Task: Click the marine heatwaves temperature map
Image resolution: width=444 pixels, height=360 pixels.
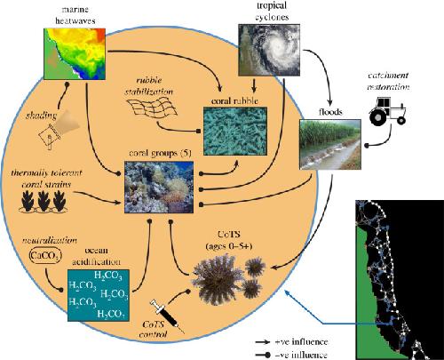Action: click(x=75, y=54)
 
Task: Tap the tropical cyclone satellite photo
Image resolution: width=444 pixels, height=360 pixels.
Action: click(x=269, y=50)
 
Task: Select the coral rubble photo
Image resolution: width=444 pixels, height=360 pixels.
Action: click(x=235, y=132)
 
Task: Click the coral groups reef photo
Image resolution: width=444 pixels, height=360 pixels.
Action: click(x=159, y=187)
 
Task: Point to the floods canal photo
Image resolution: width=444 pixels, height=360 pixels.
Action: click(x=330, y=144)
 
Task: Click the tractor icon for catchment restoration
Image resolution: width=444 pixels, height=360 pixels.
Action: click(x=387, y=111)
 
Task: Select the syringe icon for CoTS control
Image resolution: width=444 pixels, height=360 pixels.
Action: click(x=167, y=316)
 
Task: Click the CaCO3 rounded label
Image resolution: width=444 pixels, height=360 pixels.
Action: click(x=45, y=256)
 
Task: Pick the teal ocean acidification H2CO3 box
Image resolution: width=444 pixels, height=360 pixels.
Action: click(x=99, y=295)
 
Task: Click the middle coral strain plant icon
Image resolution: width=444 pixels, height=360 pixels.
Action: click(x=44, y=201)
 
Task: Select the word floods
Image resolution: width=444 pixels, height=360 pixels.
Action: click(x=330, y=112)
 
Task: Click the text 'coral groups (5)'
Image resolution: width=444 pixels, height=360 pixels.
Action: click(x=160, y=153)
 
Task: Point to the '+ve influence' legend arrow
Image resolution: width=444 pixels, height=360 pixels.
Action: click(x=263, y=342)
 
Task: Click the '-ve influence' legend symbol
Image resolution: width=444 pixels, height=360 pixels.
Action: click(x=263, y=355)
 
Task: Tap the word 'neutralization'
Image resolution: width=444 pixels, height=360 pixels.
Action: click(x=50, y=240)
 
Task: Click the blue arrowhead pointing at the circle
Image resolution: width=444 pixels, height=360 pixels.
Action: click(x=287, y=292)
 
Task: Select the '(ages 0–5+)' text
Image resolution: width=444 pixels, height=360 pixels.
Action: click(x=229, y=245)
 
